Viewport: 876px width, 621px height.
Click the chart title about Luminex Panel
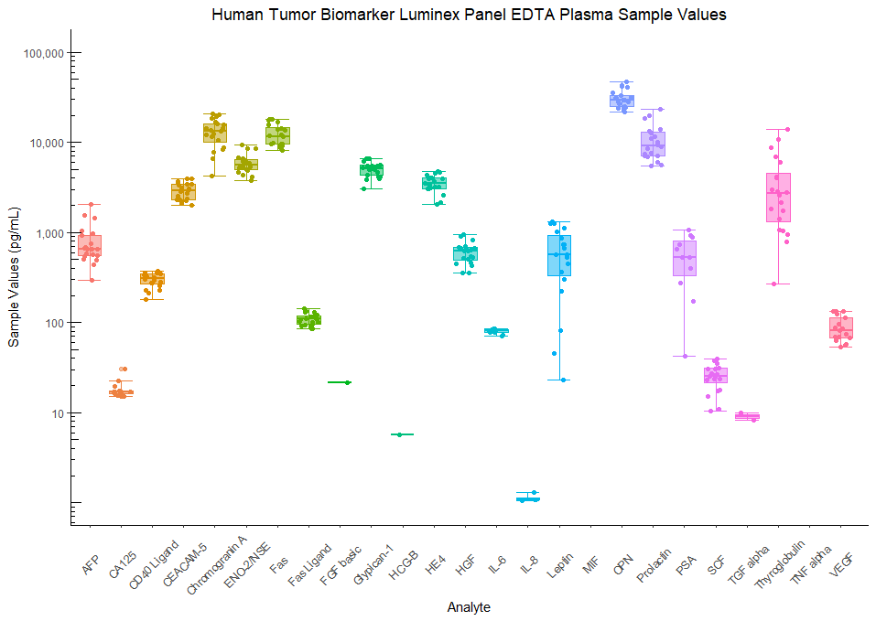[x=469, y=15]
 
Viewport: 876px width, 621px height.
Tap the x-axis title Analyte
[x=468, y=607]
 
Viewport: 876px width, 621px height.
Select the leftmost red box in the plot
[x=90, y=245]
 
